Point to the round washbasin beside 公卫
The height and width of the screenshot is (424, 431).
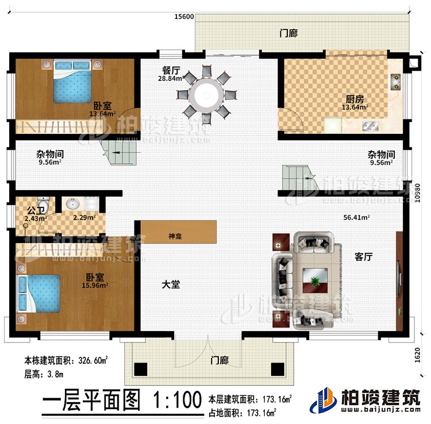click(x=74, y=204)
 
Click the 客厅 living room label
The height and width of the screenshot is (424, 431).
click(x=363, y=257)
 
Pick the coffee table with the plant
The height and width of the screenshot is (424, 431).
click(x=314, y=281)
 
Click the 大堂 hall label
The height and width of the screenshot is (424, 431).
click(x=171, y=284)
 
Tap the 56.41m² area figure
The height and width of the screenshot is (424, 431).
click(x=356, y=218)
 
